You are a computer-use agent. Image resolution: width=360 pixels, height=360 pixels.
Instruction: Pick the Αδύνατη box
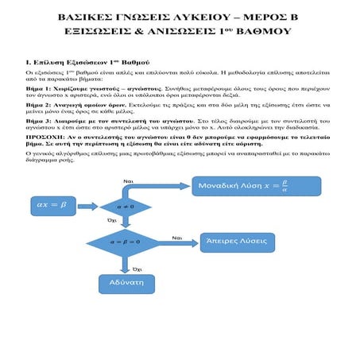(x=124, y=282)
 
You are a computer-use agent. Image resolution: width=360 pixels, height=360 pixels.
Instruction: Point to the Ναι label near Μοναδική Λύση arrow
(x=128, y=181)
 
